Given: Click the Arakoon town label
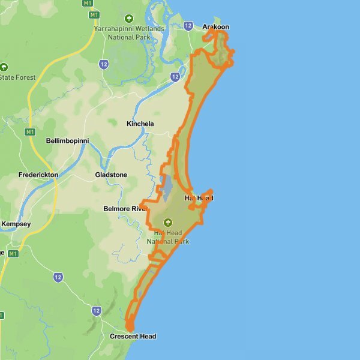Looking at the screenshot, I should (216, 27).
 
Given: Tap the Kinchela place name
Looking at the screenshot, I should (140, 124).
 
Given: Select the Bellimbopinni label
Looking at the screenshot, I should (67, 141).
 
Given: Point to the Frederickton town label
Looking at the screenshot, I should (38, 175).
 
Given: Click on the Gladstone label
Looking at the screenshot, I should (111, 175).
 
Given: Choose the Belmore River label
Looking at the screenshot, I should (125, 209).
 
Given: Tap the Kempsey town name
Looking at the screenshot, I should (16, 224).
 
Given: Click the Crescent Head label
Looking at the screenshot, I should (133, 337).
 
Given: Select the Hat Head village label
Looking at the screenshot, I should (199, 198).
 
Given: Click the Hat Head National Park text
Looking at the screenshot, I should (168, 237).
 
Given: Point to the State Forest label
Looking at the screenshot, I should (18, 78).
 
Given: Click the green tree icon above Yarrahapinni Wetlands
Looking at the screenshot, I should (128, 17).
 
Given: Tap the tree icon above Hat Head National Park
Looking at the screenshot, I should (167, 222).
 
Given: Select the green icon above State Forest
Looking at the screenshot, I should (4, 67).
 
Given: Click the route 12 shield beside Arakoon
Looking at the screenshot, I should (188, 26).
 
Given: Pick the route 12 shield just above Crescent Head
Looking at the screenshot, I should (97, 310).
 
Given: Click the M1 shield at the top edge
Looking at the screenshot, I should (93, 14).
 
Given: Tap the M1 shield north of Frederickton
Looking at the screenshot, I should (29, 131).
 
